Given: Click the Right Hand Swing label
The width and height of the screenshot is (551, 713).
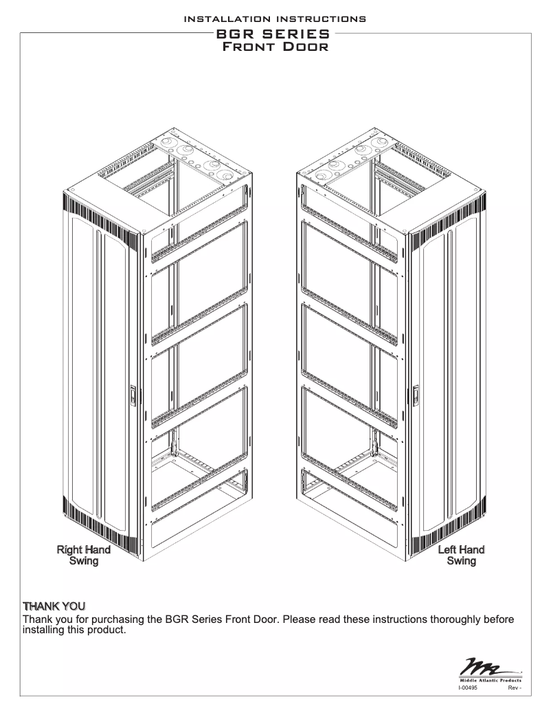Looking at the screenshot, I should pos(83,556).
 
